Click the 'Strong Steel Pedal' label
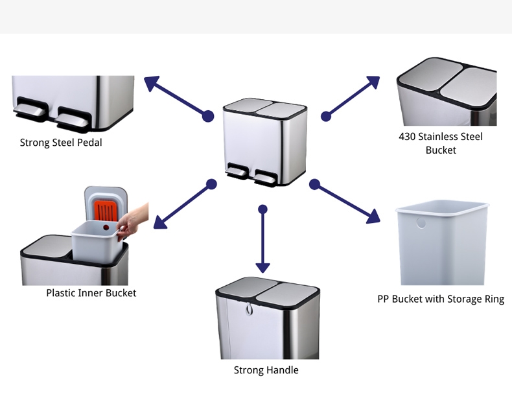pyautogui.click(x=61, y=143)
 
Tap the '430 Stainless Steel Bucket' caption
pyautogui.click(x=441, y=143)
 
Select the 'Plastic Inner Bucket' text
pyautogui.click(x=91, y=293)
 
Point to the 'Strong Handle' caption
pyautogui.click(x=266, y=370)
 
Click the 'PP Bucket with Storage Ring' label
pyautogui.click(x=441, y=299)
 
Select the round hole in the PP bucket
pyautogui.click(x=422, y=222)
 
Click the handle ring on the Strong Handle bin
pyautogui.click(x=250, y=310)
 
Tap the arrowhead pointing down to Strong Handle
pyautogui.click(x=262, y=266)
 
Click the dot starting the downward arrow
pyautogui.click(x=262, y=209)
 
